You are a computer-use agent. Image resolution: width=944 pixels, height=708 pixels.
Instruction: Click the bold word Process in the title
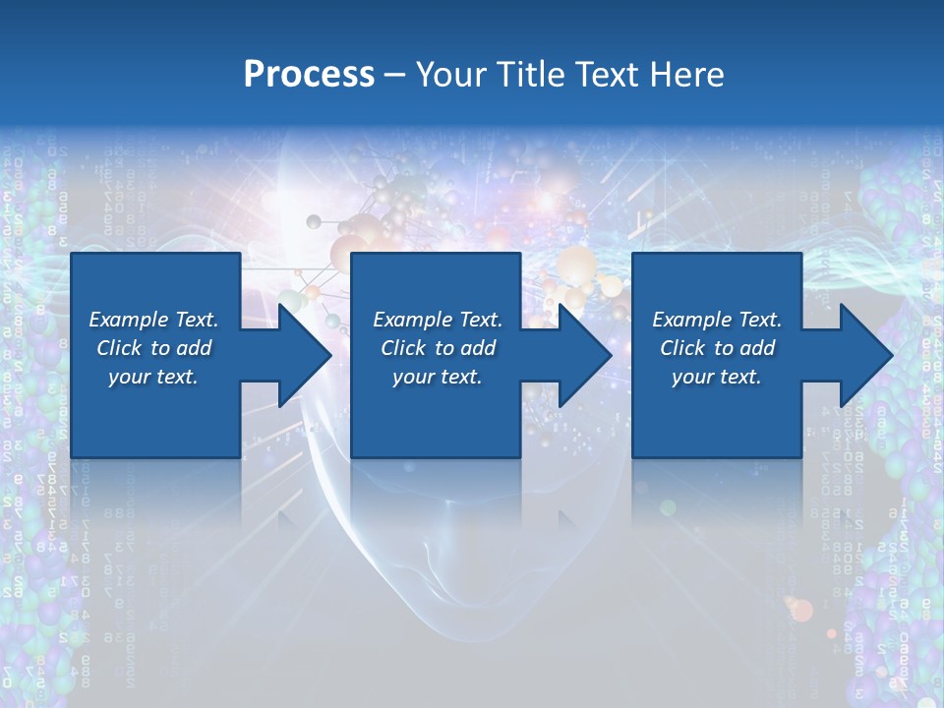309,75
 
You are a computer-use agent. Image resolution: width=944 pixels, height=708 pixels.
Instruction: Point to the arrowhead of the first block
304,355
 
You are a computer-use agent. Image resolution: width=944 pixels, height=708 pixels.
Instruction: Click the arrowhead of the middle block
584,355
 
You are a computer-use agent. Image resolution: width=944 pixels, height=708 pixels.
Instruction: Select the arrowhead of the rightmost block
865,355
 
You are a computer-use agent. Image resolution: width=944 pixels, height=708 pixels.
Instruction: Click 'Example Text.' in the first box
153,320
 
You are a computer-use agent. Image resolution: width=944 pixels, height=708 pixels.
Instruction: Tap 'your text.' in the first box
153,377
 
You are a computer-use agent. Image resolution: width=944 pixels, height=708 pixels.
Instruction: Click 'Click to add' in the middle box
438,348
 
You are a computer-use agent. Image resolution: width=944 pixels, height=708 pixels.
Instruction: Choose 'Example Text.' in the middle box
438,320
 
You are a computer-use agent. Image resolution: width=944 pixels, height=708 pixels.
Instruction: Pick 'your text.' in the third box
717,377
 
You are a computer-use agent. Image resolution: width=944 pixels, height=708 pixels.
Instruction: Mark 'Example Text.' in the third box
717,320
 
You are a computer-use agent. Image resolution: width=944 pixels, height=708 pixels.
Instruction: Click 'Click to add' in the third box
717,348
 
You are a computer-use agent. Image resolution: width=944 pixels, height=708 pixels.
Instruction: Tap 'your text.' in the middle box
438,377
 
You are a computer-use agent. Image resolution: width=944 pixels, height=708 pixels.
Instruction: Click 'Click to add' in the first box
153,348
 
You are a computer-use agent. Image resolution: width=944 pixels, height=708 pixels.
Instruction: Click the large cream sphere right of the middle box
577,266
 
